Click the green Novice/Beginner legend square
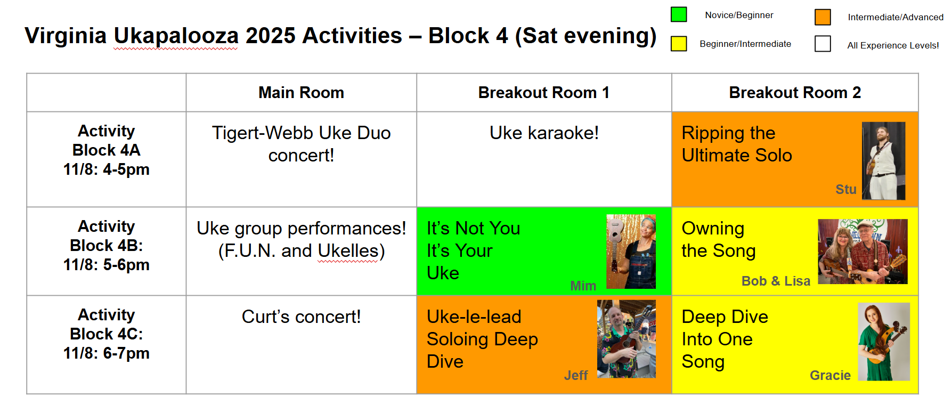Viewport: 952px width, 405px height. coord(679,14)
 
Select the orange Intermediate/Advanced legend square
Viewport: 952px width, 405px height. coord(823,17)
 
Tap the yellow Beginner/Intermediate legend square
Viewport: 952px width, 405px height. coord(679,44)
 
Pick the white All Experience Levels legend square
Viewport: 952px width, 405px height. coord(823,44)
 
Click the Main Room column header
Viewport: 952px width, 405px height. coord(301,93)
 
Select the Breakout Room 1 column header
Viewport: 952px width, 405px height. coord(543,93)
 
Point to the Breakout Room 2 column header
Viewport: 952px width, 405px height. coord(795,93)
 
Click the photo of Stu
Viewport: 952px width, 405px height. coord(883,161)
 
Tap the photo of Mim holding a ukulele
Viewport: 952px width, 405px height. coord(631,252)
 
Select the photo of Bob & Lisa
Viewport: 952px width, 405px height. coord(863,252)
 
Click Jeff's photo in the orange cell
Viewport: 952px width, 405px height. coord(626,339)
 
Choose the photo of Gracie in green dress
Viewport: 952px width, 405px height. coord(884,342)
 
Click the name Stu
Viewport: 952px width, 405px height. coord(846,189)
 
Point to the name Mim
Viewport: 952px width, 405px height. coord(583,286)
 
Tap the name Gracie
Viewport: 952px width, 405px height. coord(830,376)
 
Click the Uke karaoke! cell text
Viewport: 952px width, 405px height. coord(544,133)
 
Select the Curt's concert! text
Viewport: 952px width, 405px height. coord(301,317)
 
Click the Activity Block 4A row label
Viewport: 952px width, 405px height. coord(107,150)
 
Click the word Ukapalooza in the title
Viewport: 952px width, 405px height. coord(176,36)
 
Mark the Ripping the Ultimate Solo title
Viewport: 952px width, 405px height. coord(737,144)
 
